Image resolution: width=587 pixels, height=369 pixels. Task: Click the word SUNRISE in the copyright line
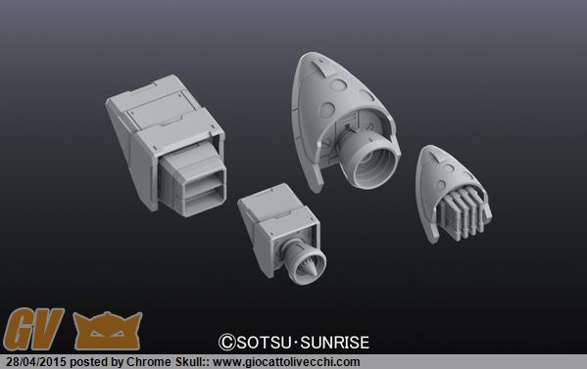(x=335, y=343)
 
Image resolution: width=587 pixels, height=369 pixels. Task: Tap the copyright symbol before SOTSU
(x=227, y=343)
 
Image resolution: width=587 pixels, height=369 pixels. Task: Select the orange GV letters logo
(x=33, y=329)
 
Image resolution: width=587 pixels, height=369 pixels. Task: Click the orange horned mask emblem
(x=108, y=331)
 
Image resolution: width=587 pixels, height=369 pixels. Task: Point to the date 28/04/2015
(x=36, y=362)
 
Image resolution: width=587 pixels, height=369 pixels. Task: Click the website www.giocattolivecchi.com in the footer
(x=286, y=362)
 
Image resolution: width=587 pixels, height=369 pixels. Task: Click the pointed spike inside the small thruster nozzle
(x=310, y=266)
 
